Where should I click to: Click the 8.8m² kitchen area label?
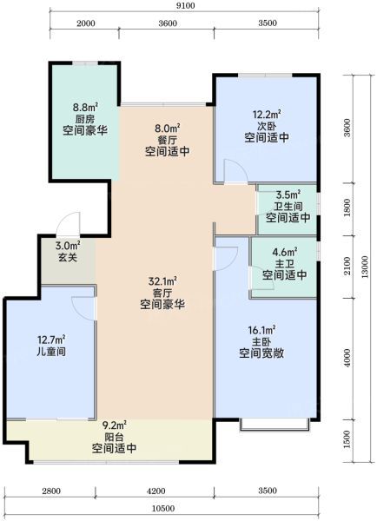pyautogui.click(x=85, y=108)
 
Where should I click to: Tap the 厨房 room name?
pyautogui.click(x=85, y=119)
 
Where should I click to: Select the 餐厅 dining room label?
pyautogui.click(x=168, y=140)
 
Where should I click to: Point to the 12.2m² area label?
pyautogui.click(x=267, y=115)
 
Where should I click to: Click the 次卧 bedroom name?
pyautogui.click(x=267, y=126)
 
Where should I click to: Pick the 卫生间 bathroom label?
pyautogui.click(x=288, y=207)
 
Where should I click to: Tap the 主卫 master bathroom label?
pyautogui.click(x=285, y=264)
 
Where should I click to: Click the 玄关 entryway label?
pyautogui.click(x=68, y=257)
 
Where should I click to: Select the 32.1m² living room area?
pyautogui.click(x=162, y=281)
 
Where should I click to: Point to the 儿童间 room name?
pyautogui.click(x=51, y=351)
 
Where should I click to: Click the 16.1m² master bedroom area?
pyautogui.click(x=261, y=330)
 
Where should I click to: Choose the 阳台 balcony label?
pyautogui.click(x=114, y=437)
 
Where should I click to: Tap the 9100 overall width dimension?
pyautogui.click(x=186, y=6)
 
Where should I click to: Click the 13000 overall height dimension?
pyautogui.click(x=365, y=267)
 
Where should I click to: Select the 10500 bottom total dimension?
pyautogui.click(x=163, y=509)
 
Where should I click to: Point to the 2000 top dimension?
pyautogui.click(x=86, y=23)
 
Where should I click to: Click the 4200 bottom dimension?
pyautogui.click(x=155, y=491)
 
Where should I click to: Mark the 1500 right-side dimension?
pyautogui.click(x=347, y=439)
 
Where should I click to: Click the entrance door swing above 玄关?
pyautogui.click(x=68, y=223)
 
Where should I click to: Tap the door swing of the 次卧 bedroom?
pyautogui.click(x=235, y=171)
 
